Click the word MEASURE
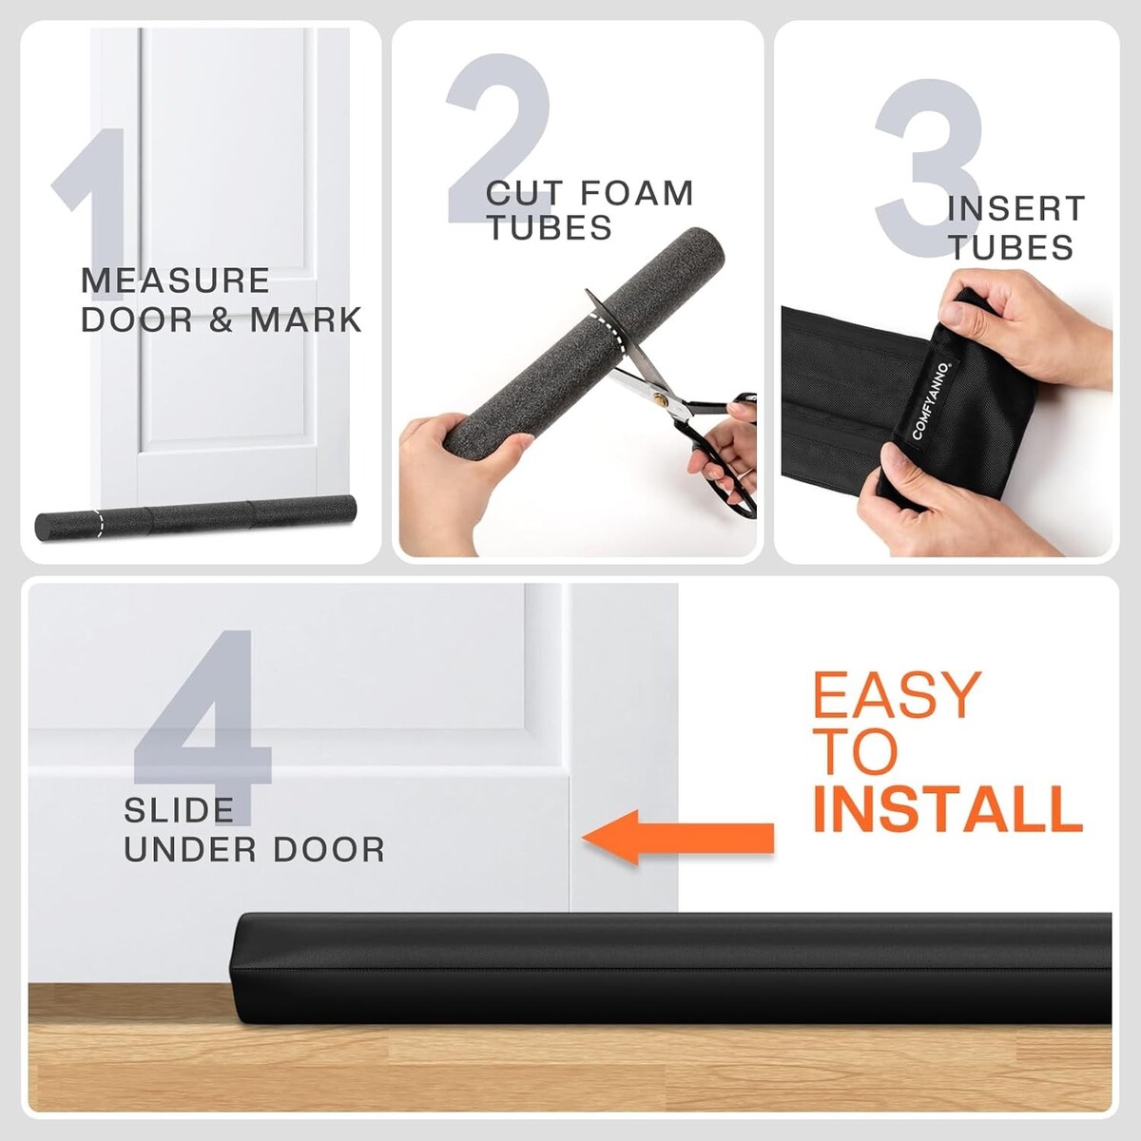coord(175,280)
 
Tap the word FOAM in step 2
coord(635,194)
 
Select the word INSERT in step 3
coord(1016,209)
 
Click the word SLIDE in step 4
coord(179,810)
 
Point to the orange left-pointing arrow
coord(678,838)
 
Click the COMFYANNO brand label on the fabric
coord(932,401)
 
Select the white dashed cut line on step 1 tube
coord(98,522)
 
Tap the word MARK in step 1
coord(305,320)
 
